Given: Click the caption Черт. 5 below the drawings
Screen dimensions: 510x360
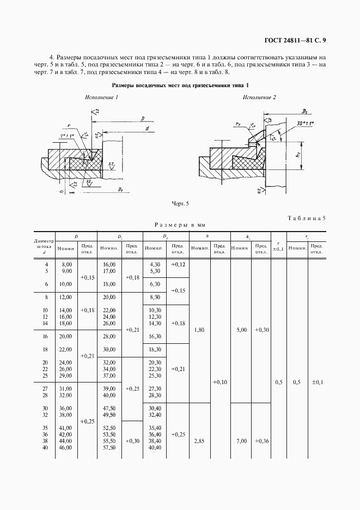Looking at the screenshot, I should pyautogui.click(x=180, y=203).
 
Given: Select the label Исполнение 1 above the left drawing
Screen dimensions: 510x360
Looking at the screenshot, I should pyautogui.click(x=102, y=97).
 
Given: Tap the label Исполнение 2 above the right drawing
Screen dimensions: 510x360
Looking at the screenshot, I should pyautogui.click(x=259, y=97).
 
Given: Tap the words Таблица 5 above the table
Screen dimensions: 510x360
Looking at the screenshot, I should pyautogui.click(x=306, y=218).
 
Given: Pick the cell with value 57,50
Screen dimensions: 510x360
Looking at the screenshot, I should pyautogui.click(x=111, y=447).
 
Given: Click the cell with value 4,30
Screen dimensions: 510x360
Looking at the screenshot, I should pyautogui.click(x=154, y=264).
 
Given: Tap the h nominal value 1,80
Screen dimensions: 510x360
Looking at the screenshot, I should pyautogui.click(x=200, y=330).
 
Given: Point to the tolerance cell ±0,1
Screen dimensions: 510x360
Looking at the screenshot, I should pyautogui.click(x=316, y=382).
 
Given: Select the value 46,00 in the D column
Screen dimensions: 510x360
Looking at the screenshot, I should pyautogui.click(x=66, y=447).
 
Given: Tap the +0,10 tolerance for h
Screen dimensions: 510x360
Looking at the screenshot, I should pyautogui.click(x=220, y=382).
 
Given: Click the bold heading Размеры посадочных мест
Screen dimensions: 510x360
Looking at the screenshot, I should pyautogui.click(x=180, y=86).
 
